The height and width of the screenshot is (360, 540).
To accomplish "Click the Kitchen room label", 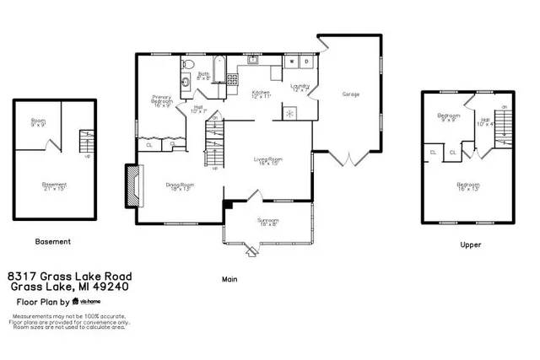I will point(261,94).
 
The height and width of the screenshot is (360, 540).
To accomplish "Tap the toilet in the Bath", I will point(187,65).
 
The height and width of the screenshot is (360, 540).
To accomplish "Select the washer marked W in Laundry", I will point(292,62).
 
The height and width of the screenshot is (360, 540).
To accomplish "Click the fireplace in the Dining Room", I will point(132,185).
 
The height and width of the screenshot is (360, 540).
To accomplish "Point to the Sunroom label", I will point(267,222).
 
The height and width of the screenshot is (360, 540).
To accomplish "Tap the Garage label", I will point(351,94).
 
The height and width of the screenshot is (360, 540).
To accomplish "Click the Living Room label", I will point(268,160).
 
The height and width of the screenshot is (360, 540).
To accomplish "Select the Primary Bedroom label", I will point(162,101).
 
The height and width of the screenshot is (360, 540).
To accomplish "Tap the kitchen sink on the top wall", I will point(251,61).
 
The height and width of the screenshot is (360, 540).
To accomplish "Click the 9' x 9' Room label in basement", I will point(38,122).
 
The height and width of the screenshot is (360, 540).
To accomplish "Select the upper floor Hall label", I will point(485,121).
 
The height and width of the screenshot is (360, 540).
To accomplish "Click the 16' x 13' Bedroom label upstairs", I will point(468,185).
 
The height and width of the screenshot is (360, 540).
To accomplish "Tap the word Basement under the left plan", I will point(52,241).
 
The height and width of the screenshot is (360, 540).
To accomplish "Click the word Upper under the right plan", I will point(470,244).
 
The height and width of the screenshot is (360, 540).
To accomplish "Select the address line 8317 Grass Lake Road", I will point(68,276).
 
